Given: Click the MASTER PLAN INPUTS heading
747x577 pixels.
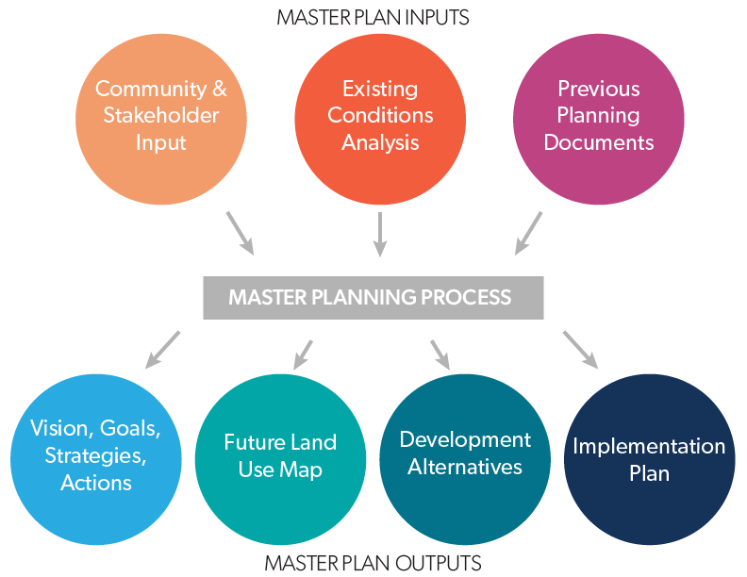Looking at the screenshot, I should tap(373, 17).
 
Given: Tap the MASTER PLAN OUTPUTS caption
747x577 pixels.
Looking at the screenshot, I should tap(373, 563).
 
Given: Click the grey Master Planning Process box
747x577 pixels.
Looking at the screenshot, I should tap(373, 298).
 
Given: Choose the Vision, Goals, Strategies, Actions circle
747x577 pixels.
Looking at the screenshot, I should tap(95, 457).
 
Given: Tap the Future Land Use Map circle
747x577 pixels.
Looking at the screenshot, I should tap(280, 455).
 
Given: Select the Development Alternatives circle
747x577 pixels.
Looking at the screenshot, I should tap(465, 455).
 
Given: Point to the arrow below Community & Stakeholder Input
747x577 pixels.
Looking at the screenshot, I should tap(240, 233).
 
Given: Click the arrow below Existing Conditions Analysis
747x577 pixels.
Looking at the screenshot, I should tap(380, 234).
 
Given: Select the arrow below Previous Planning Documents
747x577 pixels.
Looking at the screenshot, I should tap(528, 233).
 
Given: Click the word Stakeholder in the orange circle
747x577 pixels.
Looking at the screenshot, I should tap(161, 116).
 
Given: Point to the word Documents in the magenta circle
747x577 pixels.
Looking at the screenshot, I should tap(598, 143).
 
